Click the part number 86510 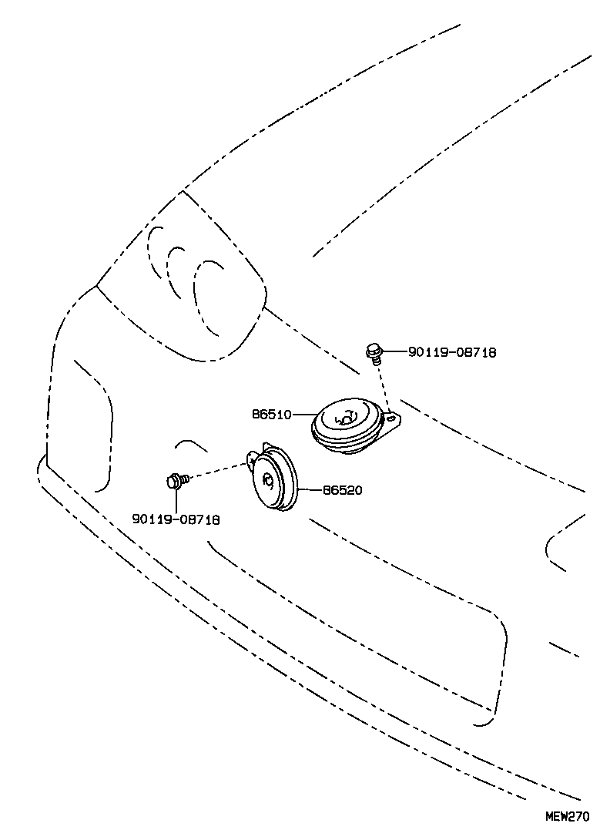[x=272, y=414]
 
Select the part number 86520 [x=342, y=489]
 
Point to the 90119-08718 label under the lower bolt [x=176, y=519]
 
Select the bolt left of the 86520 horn [x=177, y=480]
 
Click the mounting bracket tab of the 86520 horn [x=252, y=459]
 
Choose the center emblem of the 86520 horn [x=268, y=479]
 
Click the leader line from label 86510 [x=305, y=414]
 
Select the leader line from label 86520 [x=310, y=489]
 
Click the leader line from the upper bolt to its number [x=395, y=352]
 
